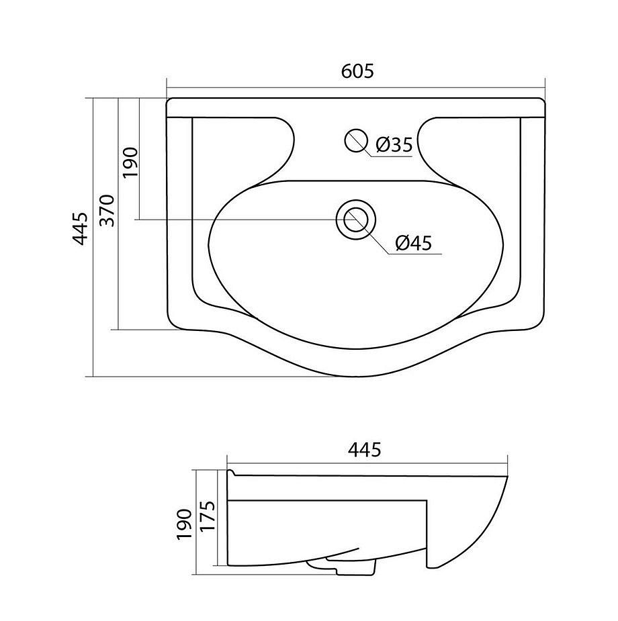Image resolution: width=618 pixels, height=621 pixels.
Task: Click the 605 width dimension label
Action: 357,71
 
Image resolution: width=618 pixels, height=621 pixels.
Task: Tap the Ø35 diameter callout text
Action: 394,144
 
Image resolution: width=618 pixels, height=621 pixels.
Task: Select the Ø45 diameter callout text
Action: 414,242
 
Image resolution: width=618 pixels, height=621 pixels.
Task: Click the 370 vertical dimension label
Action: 107,210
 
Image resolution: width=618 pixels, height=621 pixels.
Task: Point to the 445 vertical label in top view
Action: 81,229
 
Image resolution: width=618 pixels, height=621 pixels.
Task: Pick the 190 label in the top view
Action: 130,162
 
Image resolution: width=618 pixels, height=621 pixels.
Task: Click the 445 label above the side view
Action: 365,450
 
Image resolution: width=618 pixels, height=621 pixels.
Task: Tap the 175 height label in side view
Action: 208,516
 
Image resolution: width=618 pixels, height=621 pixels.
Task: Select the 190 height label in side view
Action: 185,524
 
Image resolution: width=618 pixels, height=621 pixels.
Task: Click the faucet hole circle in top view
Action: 355,140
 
